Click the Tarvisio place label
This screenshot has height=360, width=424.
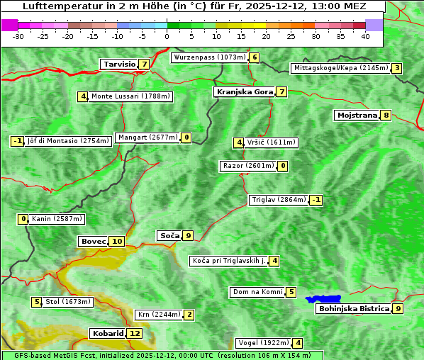click(x=119, y=64)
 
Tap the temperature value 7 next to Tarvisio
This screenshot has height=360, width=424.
click(x=145, y=64)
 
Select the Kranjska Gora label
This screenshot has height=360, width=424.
click(x=244, y=91)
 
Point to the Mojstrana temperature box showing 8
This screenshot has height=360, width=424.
click(x=386, y=115)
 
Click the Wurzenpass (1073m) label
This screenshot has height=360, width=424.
click(x=210, y=57)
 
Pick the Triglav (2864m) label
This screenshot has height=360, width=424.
click(x=279, y=200)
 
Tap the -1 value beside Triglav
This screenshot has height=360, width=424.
click(x=316, y=200)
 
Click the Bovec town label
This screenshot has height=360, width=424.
click(x=93, y=241)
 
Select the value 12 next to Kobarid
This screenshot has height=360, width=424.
click(x=135, y=333)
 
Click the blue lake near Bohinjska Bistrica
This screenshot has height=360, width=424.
click(x=324, y=299)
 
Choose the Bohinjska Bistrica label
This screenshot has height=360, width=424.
click(x=353, y=308)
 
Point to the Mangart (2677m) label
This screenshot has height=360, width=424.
click(x=147, y=137)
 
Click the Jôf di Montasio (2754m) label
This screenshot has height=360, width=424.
click(x=69, y=141)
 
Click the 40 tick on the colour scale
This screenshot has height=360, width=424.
click(x=365, y=35)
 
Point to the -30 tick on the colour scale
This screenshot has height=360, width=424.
click(x=18, y=35)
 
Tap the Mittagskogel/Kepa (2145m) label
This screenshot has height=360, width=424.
click(x=340, y=68)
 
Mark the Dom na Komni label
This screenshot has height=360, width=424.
click(x=257, y=292)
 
